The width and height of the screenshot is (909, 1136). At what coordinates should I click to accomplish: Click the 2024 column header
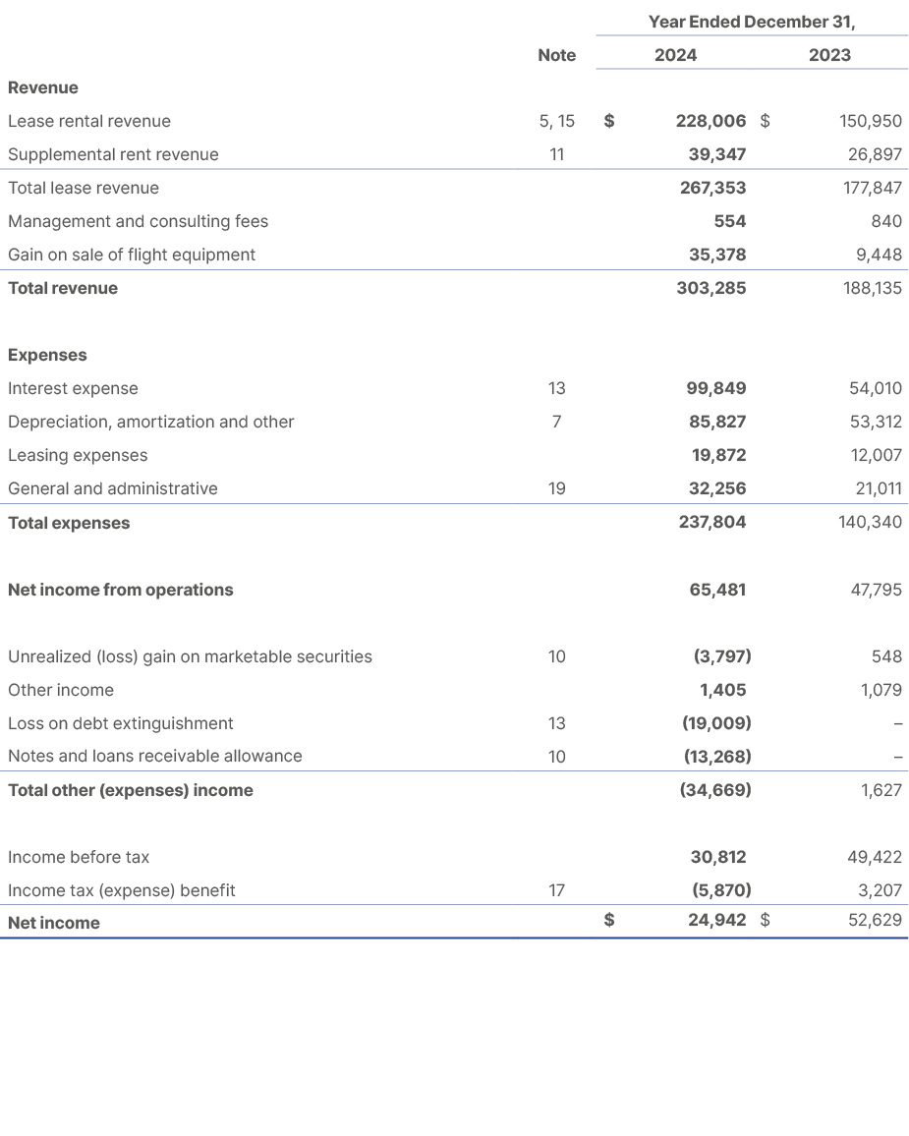(675, 55)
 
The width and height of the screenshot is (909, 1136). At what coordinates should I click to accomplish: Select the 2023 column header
(829, 55)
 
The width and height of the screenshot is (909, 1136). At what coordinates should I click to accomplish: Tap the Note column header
(556, 55)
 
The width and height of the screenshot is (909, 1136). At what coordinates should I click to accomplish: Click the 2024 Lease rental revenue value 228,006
(710, 121)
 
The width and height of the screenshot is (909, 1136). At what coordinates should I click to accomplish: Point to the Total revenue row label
(63, 288)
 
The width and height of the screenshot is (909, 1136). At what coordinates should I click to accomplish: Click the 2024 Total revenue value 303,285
(710, 288)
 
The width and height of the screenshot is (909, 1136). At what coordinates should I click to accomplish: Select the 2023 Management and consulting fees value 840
(886, 221)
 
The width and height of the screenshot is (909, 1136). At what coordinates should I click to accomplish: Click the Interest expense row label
(73, 388)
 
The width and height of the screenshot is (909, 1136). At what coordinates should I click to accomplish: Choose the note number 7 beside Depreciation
(556, 422)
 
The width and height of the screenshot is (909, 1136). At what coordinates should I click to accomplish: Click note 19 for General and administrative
(556, 488)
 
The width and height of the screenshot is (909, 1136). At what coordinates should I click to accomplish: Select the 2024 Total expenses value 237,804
(710, 523)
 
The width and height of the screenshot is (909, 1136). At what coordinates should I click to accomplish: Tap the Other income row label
(61, 690)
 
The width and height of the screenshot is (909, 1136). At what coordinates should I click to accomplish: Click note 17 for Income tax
(556, 890)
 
